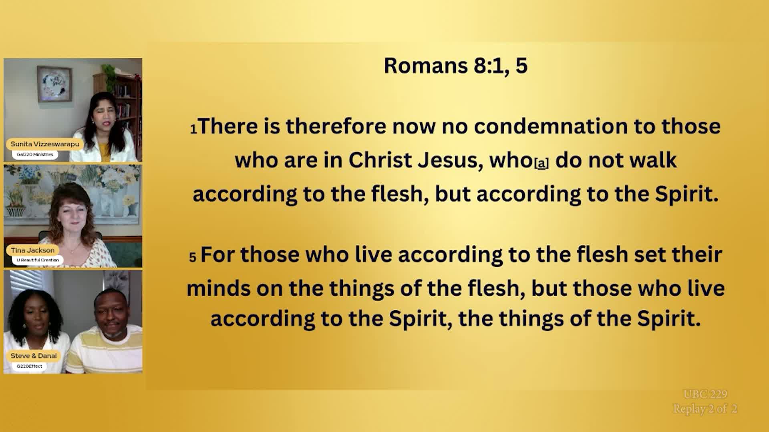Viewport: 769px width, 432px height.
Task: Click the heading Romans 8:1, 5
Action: (x=455, y=66)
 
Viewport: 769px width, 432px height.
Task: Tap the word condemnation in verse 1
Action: (x=550, y=126)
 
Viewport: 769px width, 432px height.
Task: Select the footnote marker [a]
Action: (x=542, y=163)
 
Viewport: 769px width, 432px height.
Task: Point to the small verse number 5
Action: (x=193, y=257)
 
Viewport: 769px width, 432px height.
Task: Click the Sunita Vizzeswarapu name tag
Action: (x=45, y=144)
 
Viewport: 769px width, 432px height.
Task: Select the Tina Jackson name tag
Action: (x=33, y=250)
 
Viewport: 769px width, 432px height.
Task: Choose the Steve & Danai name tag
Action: (x=34, y=356)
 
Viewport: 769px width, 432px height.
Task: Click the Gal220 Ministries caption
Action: (x=35, y=154)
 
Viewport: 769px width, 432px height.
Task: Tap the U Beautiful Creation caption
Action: (x=38, y=260)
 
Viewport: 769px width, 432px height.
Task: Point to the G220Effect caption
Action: (x=29, y=366)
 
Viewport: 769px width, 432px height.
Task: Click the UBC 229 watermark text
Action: (x=705, y=394)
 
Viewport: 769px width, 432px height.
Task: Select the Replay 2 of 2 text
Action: (x=705, y=409)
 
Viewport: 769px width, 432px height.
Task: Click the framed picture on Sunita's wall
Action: (x=54, y=84)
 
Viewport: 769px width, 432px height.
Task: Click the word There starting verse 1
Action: (x=228, y=126)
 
